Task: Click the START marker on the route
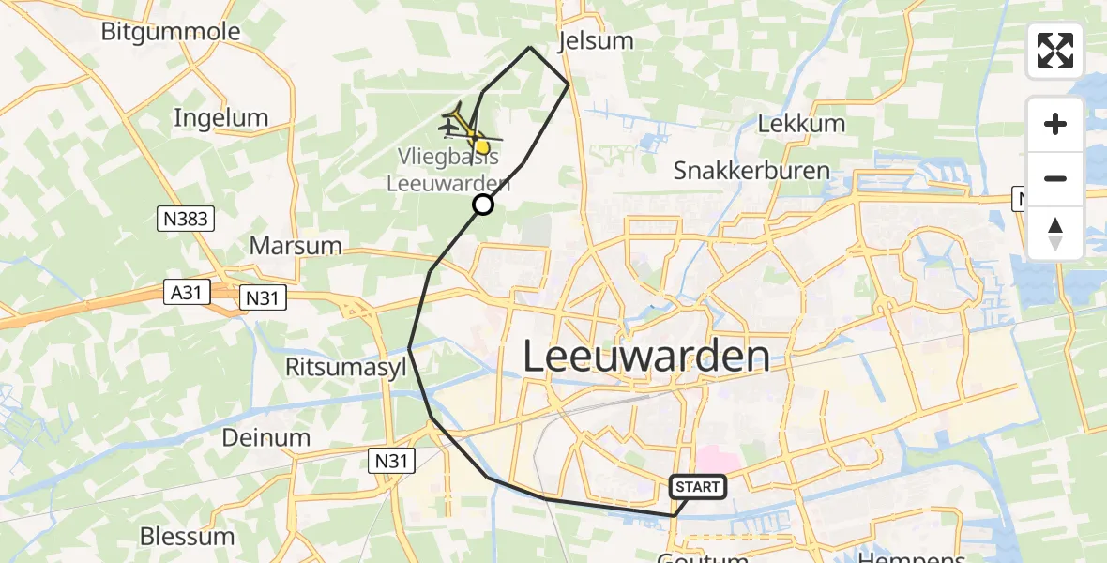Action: point(698,486)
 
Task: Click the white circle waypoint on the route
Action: point(482,205)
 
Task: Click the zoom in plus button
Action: point(1055,124)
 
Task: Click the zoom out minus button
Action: point(1055,178)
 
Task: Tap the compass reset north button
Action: point(1055,233)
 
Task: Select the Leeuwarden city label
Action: point(645,358)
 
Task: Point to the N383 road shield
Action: point(186,220)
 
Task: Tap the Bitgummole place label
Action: point(171,32)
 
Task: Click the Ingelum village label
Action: point(221,118)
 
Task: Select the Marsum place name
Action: point(295,246)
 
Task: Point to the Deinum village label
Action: point(266,437)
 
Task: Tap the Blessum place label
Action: point(187,537)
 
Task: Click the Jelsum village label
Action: point(595,41)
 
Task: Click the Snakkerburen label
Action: point(751,171)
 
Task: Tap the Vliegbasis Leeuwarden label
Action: point(448,169)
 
